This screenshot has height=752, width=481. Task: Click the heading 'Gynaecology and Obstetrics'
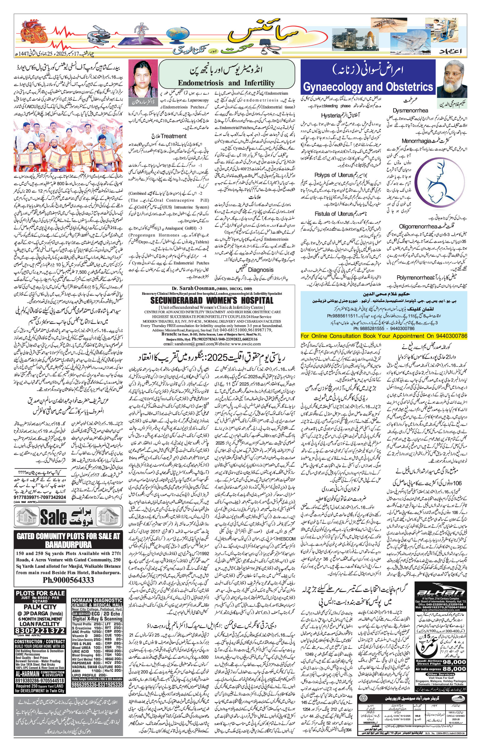368,87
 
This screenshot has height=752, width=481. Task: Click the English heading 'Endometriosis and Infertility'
226,83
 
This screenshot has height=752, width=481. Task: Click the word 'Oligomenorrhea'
417,226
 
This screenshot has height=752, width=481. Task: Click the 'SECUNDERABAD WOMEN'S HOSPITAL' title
212,300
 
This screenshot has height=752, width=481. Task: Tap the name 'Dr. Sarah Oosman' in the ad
194,288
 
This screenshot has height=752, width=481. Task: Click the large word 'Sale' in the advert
53,517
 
